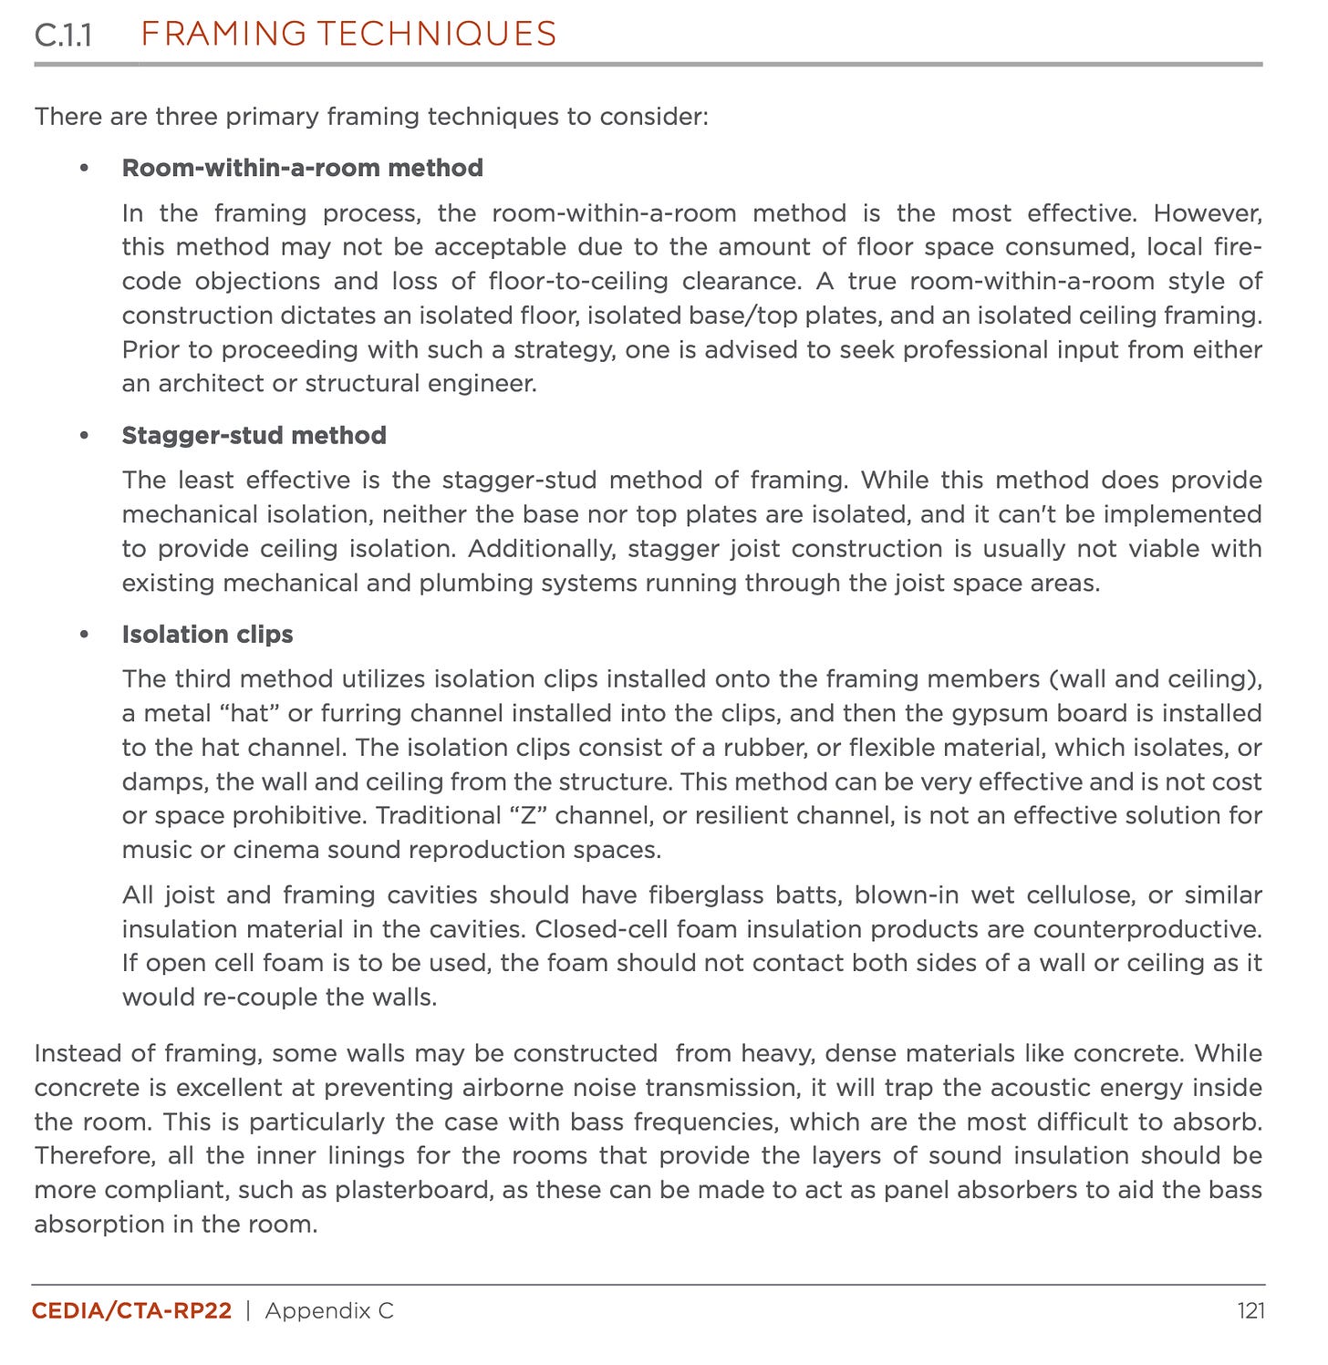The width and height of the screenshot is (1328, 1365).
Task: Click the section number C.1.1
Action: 63,36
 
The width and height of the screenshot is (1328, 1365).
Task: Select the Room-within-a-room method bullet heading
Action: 302,168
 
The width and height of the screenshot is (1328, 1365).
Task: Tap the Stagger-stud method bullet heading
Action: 254,435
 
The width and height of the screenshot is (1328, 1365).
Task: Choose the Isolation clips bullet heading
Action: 207,635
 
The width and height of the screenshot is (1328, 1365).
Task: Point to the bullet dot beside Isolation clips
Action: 85,635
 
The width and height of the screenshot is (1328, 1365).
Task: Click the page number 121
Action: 1250,1311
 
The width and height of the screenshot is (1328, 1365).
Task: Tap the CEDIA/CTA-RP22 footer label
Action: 131,1311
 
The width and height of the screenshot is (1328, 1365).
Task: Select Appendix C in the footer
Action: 329,1311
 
